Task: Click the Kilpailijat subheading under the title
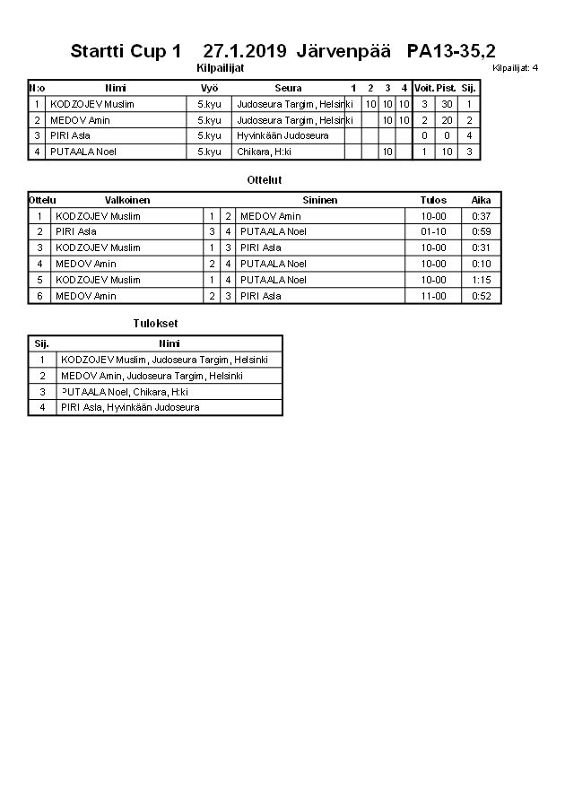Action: coord(220,67)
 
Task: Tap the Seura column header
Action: coord(288,88)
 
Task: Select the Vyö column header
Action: coord(209,88)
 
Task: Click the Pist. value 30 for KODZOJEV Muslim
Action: coord(446,104)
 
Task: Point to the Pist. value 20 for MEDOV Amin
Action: coord(446,120)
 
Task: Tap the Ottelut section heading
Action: coord(265,180)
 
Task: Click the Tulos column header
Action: coord(433,200)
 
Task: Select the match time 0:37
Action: coord(481,216)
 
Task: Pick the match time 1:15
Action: coord(481,280)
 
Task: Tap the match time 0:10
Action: coord(481,264)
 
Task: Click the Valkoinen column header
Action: coord(127,200)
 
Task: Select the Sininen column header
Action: coord(320,200)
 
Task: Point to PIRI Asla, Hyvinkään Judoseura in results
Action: coord(130,407)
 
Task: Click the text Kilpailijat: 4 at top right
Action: coord(516,67)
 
